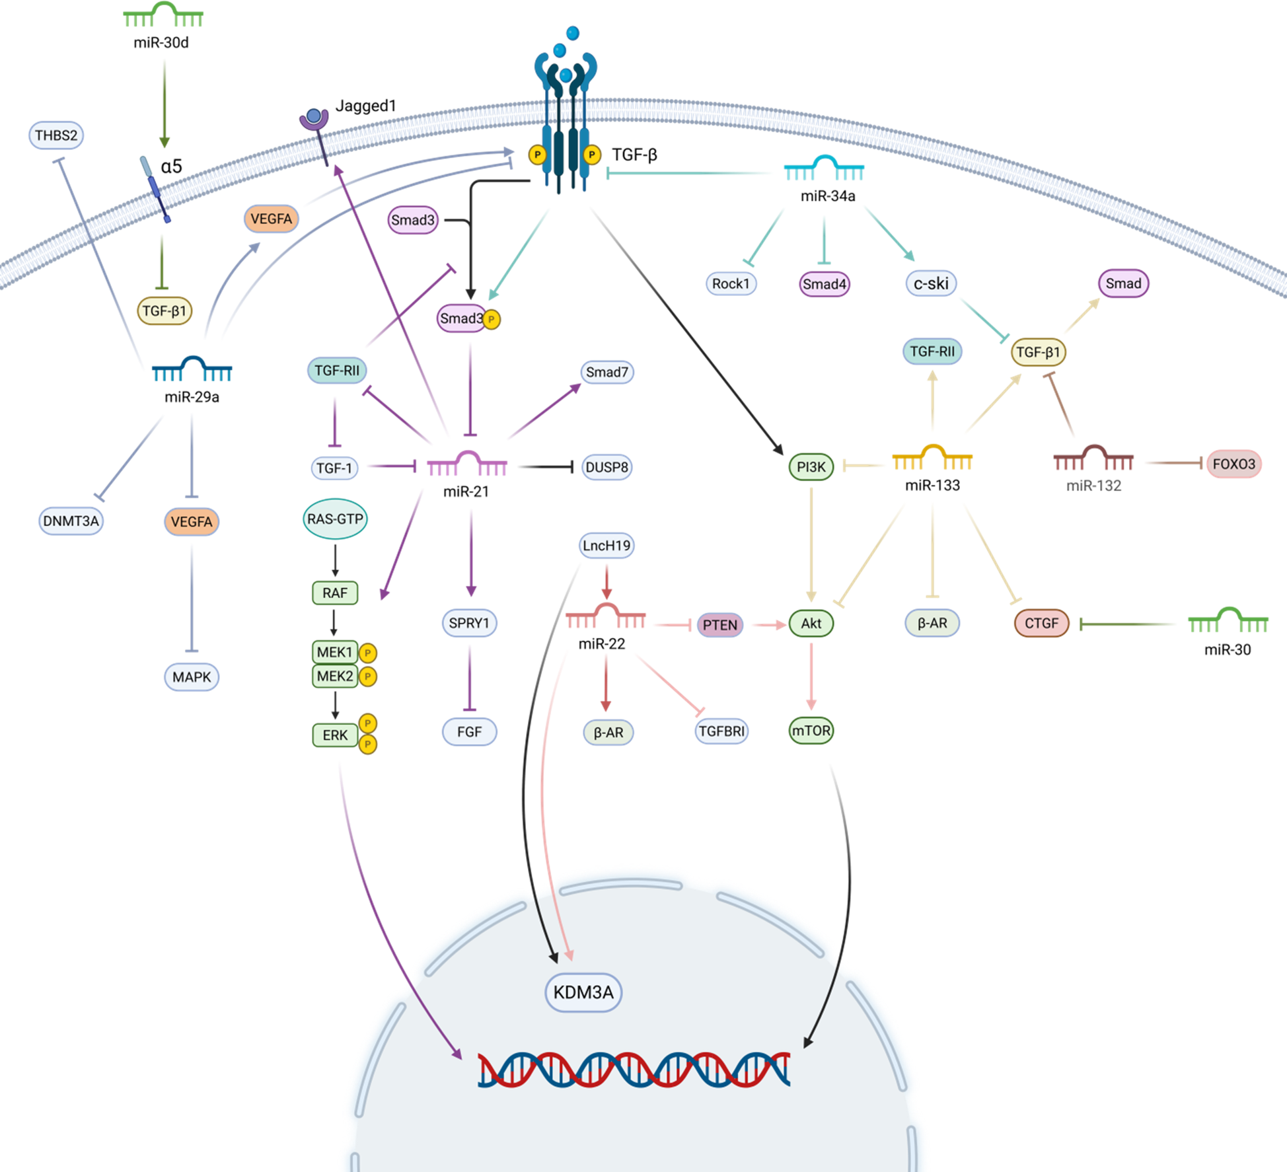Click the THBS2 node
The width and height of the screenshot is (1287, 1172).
coord(56,135)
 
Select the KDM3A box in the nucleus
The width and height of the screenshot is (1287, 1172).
coord(583,992)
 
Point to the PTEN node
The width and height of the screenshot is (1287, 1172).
coord(719,625)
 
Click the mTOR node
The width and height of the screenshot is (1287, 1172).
coord(811,731)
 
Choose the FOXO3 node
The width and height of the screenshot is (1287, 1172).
coord(1233,464)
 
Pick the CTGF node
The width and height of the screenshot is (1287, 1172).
coord(1041,623)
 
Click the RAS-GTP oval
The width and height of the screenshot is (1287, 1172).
coord(335,519)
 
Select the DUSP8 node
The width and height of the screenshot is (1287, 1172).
coord(607,467)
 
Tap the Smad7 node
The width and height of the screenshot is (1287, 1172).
coord(607,372)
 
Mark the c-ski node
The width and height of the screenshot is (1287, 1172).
coord(931,283)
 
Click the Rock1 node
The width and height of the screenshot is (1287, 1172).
coord(731,283)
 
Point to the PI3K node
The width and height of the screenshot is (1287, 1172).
coord(811,467)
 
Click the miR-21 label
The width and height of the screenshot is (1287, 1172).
coord(466,492)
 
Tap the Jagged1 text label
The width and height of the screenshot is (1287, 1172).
coord(365,106)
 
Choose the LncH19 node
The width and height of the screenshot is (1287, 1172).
coord(607,546)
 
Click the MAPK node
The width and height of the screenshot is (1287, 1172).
coord(192,677)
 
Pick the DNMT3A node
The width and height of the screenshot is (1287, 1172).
coord(71,521)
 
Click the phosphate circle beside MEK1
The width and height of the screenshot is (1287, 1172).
coord(368,653)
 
